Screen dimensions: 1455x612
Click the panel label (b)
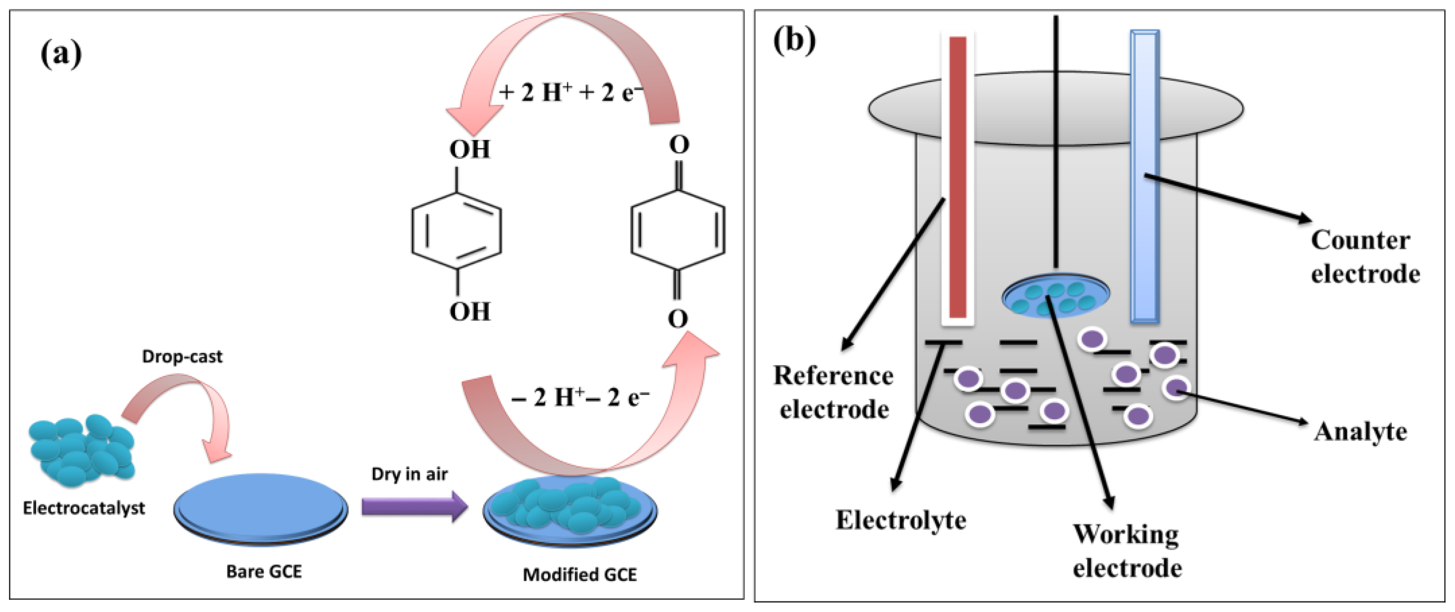pyautogui.click(x=794, y=41)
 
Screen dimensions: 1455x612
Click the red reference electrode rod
pyautogui.click(x=958, y=177)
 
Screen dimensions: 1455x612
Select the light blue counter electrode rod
pyautogui.click(x=1144, y=176)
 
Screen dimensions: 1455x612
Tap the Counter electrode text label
pyautogui.click(x=1365, y=258)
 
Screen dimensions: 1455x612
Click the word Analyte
pyautogui.click(x=1360, y=432)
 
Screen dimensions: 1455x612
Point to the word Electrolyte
pyautogui.click(x=901, y=520)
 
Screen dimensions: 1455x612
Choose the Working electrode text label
pyautogui.click(x=1127, y=551)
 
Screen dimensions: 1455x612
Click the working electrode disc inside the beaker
pyautogui.click(x=1056, y=297)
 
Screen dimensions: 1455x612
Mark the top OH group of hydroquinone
pyautogui.click(x=469, y=149)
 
